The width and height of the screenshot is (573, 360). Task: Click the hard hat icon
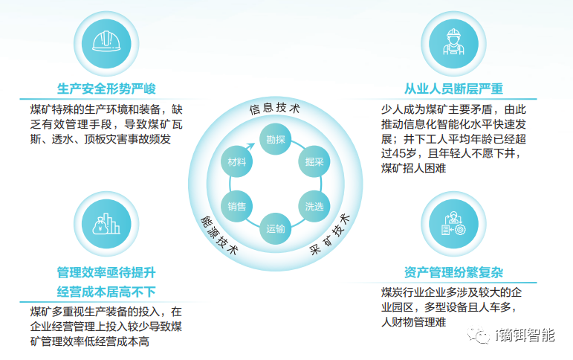pyautogui.click(x=106, y=42)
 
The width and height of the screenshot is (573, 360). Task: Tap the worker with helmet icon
pyautogui.click(x=453, y=42)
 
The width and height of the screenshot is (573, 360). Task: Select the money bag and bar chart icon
pyautogui.click(x=106, y=224)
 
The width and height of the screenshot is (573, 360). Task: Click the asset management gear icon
pyautogui.click(x=453, y=224)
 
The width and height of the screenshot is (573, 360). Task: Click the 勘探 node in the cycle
pyautogui.click(x=275, y=139)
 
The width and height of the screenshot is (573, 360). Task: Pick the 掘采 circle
pyautogui.click(x=314, y=161)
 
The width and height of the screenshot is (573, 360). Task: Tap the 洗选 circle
pyautogui.click(x=314, y=206)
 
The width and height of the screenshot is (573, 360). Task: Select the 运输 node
pyautogui.click(x=275, y=229)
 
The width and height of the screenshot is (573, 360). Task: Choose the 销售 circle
pyautogui.click(x=236, y=206)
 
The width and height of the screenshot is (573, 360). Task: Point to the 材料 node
pyautogui.click(x=236, y=161)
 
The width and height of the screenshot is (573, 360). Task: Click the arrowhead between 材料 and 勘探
pyautogui.click(x=250, y=146)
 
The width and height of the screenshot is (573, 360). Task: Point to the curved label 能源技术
pyautogui.click(x=219, y=234)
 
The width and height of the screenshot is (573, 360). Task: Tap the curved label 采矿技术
pyautogui.click(x=330, y=234)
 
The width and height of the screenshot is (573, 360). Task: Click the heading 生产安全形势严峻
pyautogui.click(x=106, y=89)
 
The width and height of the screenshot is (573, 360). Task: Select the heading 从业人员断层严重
pyautogui.click(x=453, y=89)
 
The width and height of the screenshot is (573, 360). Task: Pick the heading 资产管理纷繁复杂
pyautogui.click(x=453, y=272)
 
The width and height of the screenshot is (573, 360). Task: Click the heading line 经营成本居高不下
pyautogui.click(x=106, y=292)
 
